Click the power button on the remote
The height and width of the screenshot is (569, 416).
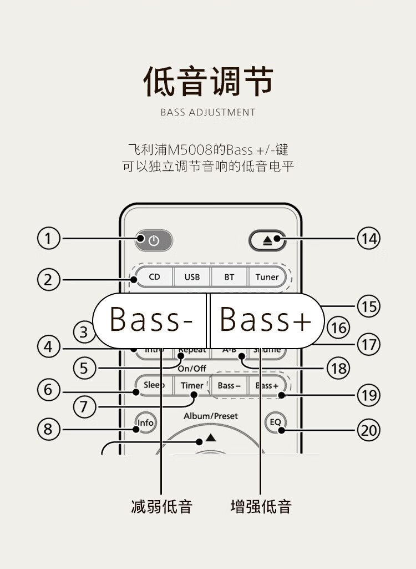point(154,241)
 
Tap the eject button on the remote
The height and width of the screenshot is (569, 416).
point(267,241)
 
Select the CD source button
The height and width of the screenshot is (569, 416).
point(154,276)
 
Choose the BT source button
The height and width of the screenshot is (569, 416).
point(229,276)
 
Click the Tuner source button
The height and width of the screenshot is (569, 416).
point(267,276)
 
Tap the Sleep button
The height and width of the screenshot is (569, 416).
point(154,385)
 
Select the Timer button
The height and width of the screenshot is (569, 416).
point(192,385)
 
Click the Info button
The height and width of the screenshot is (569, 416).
point(145,423)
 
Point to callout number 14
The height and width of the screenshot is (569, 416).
point(368,239)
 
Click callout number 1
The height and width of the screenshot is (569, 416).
point(48,239)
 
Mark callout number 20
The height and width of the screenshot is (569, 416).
point(368,430)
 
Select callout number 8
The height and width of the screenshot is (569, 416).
point(48,429)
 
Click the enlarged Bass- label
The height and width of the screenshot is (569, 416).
point(151,320)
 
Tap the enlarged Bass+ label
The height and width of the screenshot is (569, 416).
point(265,320)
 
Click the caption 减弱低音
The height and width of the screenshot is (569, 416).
point(161,506)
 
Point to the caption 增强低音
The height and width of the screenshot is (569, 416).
point(261,506)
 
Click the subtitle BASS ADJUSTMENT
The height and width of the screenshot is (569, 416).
point(208,112)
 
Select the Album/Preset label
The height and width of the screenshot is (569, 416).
point(211,416)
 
